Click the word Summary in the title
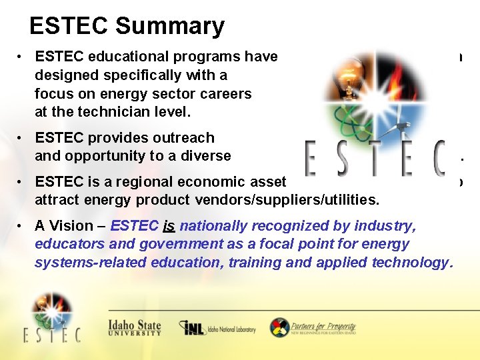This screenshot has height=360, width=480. point(169,26)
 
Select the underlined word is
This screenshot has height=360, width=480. point(169,226)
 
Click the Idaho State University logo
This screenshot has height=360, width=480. point(135,327)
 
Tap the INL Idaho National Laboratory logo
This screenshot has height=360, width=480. point(217,328)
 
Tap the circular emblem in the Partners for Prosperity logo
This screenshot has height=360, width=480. point(279,327)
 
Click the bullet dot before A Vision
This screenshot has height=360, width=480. point(22,226)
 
